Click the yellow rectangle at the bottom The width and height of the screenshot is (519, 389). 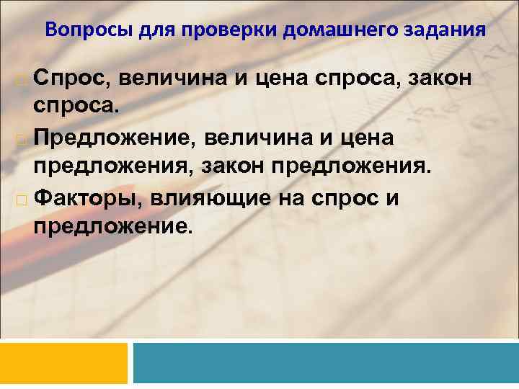coord(63,362)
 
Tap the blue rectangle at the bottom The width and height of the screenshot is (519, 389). coord(326,362)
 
